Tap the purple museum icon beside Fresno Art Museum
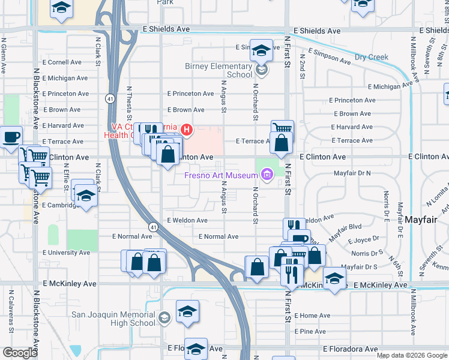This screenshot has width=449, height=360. point(267,175)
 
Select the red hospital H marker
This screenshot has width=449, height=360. point(187,128)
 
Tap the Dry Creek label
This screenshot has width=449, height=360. point(372,58)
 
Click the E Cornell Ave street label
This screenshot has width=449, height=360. point(62,62)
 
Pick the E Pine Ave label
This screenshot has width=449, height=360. point(312,331)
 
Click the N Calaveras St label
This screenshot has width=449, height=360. point(11,312)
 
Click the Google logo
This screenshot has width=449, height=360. point(21,353)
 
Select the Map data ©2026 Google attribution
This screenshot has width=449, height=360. point(412,355)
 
